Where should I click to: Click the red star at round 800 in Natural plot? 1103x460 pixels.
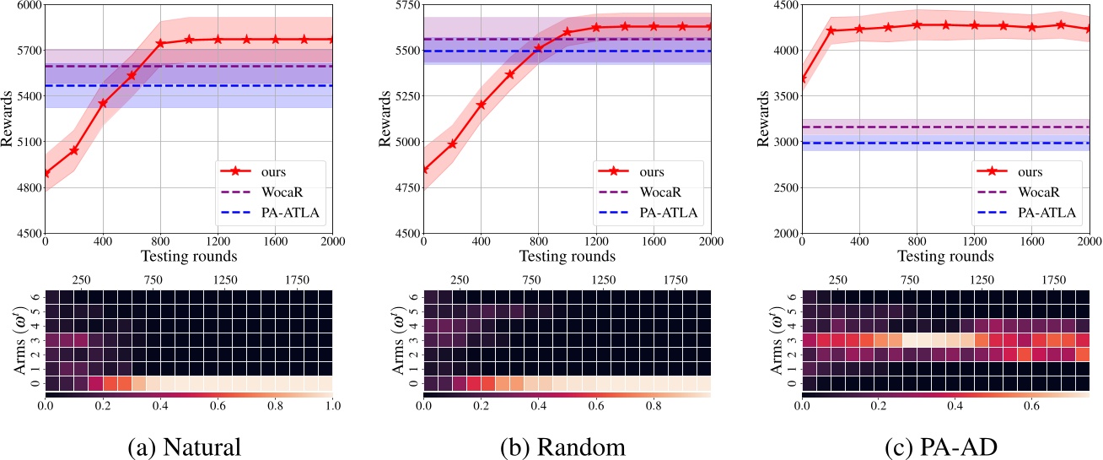[x=160, y=43]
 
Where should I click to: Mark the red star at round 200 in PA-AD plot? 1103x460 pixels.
[x=831, y=30]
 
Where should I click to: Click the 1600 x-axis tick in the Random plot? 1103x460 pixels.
[x=654, y=241]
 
